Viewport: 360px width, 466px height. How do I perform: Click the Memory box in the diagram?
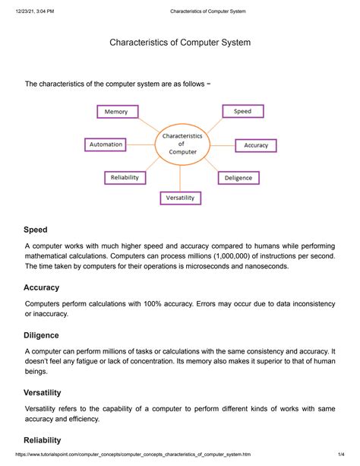(x=116, y=112)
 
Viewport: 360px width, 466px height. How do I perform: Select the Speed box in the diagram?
(x=242, y=111)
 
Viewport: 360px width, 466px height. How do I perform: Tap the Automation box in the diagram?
(x=106, y=144)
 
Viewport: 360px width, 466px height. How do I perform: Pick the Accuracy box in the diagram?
(x=256, y=145)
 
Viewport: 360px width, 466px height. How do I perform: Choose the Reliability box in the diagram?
(x=124, y=177)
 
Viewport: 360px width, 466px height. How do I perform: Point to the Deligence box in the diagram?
(x=238, y=178)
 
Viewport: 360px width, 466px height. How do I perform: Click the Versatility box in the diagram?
(x=180, y=198)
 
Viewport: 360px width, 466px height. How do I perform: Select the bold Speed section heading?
(x=35, y=229)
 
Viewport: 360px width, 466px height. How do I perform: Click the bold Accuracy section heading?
(x=41, y=287)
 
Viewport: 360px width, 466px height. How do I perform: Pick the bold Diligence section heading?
(x=41, y=335)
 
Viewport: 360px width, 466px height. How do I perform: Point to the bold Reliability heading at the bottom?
(x=43, y=440)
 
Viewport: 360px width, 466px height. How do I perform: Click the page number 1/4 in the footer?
(x=343, y=458)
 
